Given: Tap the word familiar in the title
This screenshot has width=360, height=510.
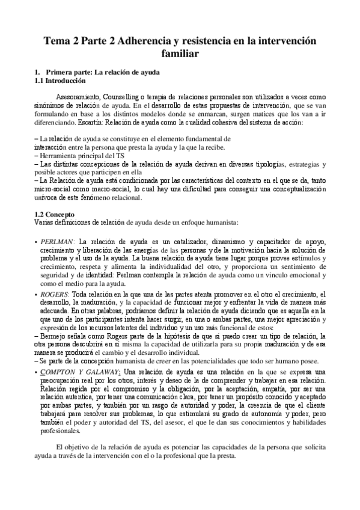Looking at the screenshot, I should pos(180,54).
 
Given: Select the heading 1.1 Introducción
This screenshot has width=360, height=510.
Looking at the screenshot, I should pos(61,81).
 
